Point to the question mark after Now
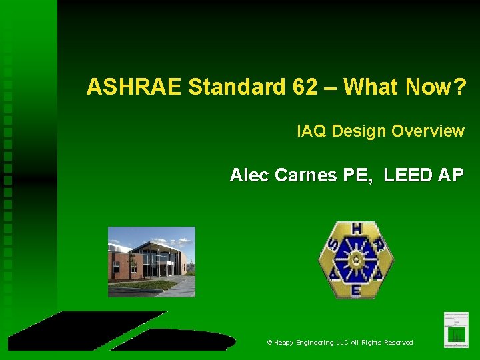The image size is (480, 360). pyautogui.click(x=459, y=87)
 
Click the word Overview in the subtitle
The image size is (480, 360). pyautogui.click(x=427, y=131)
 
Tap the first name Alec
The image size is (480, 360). pyautogui.click(x=249, y=175)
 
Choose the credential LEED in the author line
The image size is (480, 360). pyautogui.click(x=407, y=175)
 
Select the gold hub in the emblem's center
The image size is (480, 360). pyautogui.click(x=357, y=259)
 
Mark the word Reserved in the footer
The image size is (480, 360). pyautogui.click(x=397, y=343)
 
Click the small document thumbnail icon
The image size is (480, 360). pyautogui.click(x=456, y=329)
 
